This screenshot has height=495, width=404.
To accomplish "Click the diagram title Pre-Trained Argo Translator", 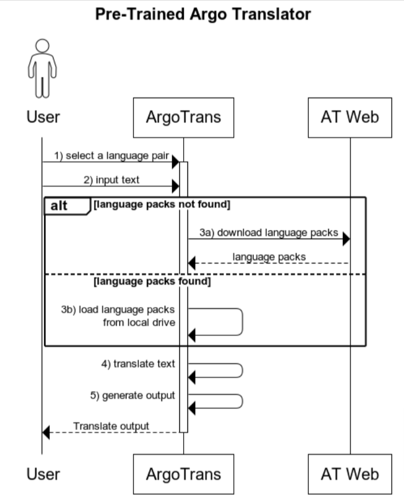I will (x=203, y=14).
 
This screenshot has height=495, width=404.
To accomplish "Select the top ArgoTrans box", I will (x=183, y=117).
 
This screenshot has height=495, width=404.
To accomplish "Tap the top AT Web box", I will (x=349, y=117).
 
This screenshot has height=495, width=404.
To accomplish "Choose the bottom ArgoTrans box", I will (x=183, y=474).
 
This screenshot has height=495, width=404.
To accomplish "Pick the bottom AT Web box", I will (x=349, y=474).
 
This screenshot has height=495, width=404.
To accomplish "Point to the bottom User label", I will (x=43, y=474).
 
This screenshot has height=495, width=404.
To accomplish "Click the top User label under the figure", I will (x=43, y=117).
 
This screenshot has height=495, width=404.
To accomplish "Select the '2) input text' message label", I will (x=111, y=180).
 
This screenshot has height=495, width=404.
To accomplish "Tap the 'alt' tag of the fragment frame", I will (x=59, y=206).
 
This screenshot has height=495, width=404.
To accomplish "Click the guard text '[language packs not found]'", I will (x=161, y=205).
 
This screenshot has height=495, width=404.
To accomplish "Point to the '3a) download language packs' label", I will (x=268, y=233).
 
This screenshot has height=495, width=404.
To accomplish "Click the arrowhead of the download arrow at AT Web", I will (x=346, y=239).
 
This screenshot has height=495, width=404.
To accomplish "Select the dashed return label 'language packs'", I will (x=269, y=257).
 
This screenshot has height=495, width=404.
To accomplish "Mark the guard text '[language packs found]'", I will (x=152, y=282).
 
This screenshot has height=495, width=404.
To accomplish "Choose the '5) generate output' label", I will (x=132, y=396).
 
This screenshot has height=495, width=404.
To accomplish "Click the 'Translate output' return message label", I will (x=111, y=426).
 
